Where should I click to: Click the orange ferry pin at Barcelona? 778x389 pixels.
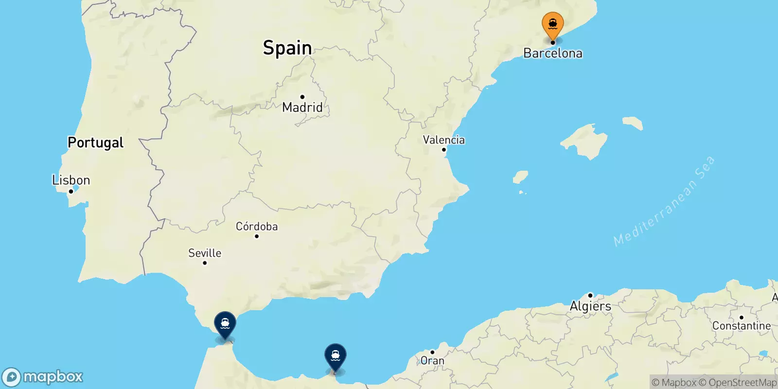pyautogui.click(x=553, y=24)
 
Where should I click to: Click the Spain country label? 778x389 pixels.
pyautogui.click(x=287, y=48)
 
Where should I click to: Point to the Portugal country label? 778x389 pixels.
pyautogui.click(x=95, y=142)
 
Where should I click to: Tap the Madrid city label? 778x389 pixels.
pyautogui.click(x=302, y=107)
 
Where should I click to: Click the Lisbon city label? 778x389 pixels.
pyautogui.click(x=71, y=180)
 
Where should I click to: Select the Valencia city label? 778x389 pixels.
pyautogui.click(x=443, y=140)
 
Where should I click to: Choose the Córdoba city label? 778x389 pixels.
pyautogui.click(x=257, y=227)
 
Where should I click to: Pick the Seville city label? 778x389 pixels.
pyautogui.click(x=205, y=253)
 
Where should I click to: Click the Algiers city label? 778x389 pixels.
pyautogui.click(x=590, y=306)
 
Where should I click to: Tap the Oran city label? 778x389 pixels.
pyautogui.click(x=432, y=361)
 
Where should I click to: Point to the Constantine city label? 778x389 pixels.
pyautogui.click(x=741, y=326)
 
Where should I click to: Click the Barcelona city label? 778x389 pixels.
pyautogui.click(x=553, y=53)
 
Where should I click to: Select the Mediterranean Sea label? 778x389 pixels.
pyautogui.click(x=664, y=201)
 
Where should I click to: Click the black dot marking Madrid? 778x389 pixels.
pyautogui.click(x=302, y=97)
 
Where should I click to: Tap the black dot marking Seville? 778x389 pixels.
pyautogui.click(x=205, y=263)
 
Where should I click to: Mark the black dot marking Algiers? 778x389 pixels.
pyautogui.click(x=590, y=295)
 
